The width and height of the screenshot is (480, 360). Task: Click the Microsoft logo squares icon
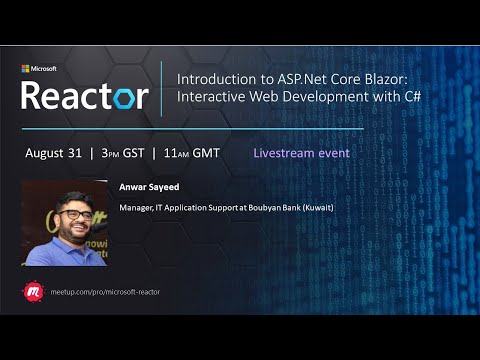(x=26, y=69)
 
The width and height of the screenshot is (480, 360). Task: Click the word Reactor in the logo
(x=85, y=95)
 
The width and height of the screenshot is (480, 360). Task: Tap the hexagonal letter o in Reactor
(x=119, y=97)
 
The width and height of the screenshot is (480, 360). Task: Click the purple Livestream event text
(x=302, y=154)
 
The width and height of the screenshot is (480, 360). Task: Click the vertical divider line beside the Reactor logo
(x=162, y=87)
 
